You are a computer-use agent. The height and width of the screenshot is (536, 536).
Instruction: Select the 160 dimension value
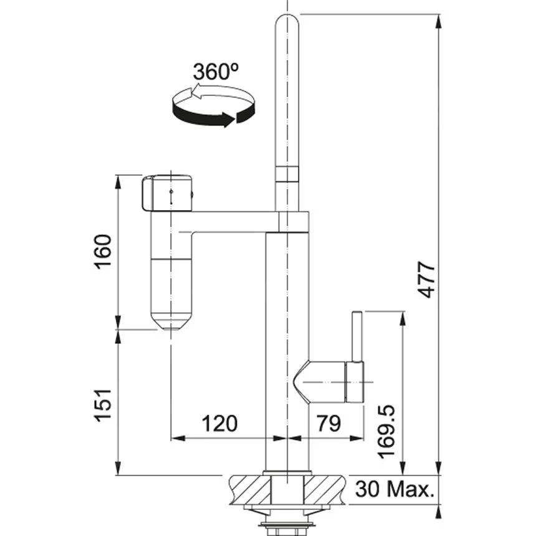103,252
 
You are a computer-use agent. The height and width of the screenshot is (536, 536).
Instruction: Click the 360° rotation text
215,72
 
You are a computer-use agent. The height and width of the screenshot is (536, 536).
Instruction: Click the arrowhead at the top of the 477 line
439,20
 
